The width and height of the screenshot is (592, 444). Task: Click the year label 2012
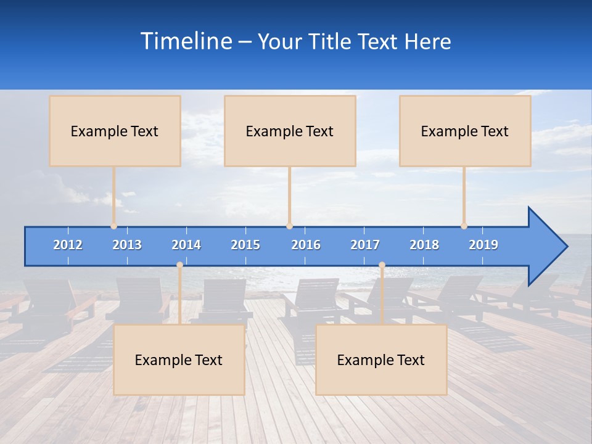(x=68, y=245)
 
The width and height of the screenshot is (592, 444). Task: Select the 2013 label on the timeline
(x=127, y=245)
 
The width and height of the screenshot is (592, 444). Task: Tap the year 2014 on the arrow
(x=186, y=245)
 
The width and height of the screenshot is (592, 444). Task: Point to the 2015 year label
(x=245, y=245)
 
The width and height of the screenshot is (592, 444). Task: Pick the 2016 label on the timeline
(x=306, y=245)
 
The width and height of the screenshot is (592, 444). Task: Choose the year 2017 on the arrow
(x=365, y=245)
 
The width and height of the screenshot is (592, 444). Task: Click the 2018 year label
(x=424, y=245)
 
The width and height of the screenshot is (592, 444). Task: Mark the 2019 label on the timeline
(x=483, y=245)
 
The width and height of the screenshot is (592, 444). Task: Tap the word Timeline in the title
(x=184, y=41)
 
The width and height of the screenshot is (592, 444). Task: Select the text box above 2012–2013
(x=115, y=131)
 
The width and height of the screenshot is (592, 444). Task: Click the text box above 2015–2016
(x=290, y=131)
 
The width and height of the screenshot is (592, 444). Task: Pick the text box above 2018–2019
(x=465, y=131)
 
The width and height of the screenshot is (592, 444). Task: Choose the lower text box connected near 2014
(x=179, y=360)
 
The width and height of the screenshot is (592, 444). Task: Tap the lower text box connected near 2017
(x=381, y=360)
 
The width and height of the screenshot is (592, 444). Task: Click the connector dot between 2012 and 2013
(x=114, y=226)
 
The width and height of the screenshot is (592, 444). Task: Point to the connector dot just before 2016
(x=289, y=226)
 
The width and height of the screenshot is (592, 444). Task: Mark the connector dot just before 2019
(x=464, y=226)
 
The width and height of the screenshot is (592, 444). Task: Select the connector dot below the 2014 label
(x=179, y=265)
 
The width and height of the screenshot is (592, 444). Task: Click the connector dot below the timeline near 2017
(x=382, y=265)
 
